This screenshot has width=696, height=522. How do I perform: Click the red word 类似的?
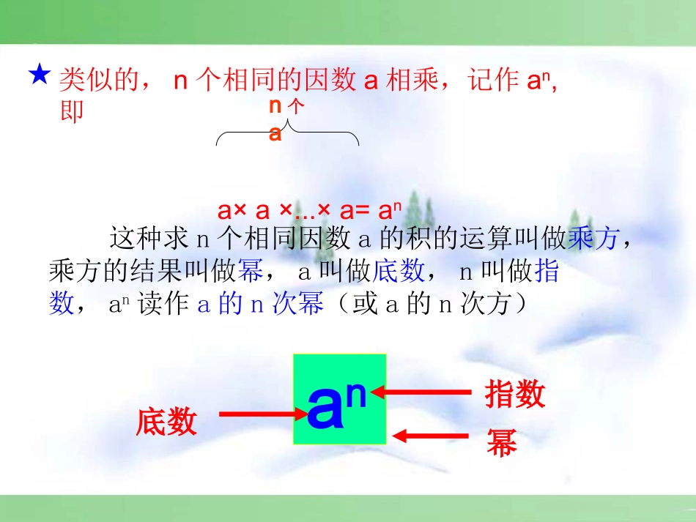(97, 81)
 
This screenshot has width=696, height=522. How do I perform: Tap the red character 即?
(71, 111)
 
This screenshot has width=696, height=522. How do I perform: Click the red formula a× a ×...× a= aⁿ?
(309, 211)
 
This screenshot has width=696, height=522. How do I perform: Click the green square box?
(340, 399)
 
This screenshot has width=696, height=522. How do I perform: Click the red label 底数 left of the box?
(166, 422)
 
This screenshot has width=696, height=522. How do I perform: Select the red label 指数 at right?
(515, 394)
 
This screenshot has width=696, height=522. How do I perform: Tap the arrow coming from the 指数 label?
(425, 392)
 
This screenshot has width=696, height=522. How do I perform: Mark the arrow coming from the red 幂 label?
(431, 436)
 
